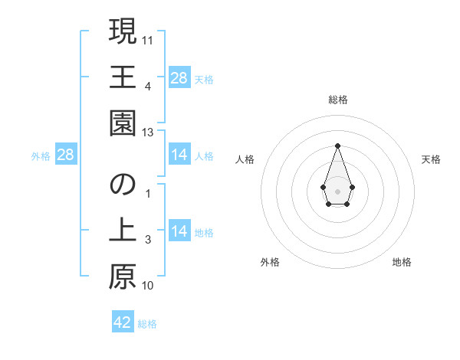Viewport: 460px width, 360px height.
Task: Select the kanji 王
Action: point(122,77)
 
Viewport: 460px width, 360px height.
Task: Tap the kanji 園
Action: point(122,123)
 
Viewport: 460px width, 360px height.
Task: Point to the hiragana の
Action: point(122,185)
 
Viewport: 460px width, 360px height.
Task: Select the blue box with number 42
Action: point(123,322)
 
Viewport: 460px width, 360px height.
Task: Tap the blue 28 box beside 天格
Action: point(179,78)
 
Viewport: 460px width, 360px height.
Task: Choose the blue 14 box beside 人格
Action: point(179,155)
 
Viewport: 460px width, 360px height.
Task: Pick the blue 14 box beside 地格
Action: point(179,231)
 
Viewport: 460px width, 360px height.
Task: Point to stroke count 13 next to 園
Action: point(149,132)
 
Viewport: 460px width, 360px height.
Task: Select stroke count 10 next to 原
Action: point(148,286)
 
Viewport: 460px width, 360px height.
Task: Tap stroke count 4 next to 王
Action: point(147,86)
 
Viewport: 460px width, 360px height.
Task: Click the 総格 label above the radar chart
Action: point(337,100)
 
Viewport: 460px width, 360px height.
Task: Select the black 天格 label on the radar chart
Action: point(432,159)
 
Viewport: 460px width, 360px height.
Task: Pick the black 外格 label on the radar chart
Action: point(270,262)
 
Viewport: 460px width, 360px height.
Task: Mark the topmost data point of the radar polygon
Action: point(337,145)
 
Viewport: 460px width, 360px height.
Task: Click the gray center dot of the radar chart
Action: point(337,190)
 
